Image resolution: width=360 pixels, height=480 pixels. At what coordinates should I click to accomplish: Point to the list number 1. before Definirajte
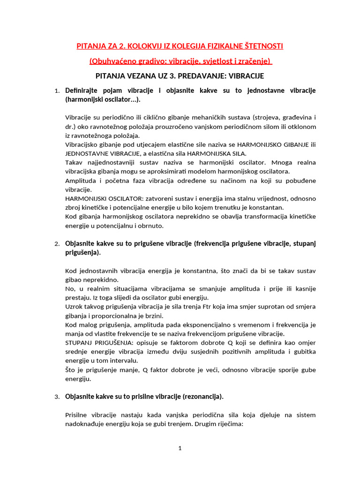(x=57, y=91)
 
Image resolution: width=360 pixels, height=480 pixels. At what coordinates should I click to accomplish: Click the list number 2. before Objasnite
(x=57, y=244)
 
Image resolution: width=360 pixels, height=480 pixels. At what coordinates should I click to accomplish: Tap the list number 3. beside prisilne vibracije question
(x=57, y=397)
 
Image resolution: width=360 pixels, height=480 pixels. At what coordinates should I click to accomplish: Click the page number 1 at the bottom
(x=180, y=449)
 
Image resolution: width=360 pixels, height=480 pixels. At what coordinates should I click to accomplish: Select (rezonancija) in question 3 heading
(x=201, y=397)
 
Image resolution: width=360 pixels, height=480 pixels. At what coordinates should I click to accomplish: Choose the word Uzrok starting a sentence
(x=73, y=307)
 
